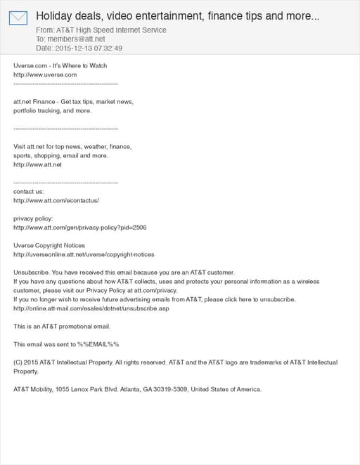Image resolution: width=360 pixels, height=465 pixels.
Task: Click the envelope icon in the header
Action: (18, 18)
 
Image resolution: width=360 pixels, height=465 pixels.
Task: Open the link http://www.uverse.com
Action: (45, 74)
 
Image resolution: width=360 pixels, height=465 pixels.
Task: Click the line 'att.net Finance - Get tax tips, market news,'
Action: (73, 102)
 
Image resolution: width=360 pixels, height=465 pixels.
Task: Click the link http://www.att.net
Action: (38, 164)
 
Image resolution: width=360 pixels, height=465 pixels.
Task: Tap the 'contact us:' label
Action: (29, 191)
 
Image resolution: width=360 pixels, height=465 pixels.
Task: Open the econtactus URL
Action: (56, 200)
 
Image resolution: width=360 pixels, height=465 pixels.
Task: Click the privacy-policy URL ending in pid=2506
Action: (79, 228)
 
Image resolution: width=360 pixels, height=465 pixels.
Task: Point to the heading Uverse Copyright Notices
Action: (49, 245)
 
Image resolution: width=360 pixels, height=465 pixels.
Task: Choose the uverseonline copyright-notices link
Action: (84, 254)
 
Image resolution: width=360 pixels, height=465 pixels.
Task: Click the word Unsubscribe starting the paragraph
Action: (30, 272)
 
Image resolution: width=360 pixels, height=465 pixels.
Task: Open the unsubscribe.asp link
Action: (91, 308)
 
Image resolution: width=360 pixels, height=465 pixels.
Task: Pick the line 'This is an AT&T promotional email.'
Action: (62, 326)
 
